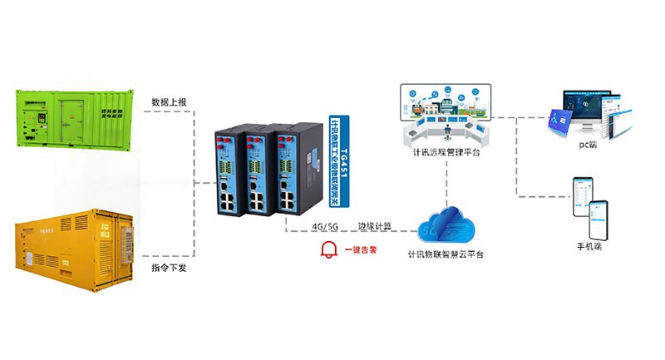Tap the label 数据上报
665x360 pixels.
[170, 102]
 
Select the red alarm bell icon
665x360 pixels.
[330, 248]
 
